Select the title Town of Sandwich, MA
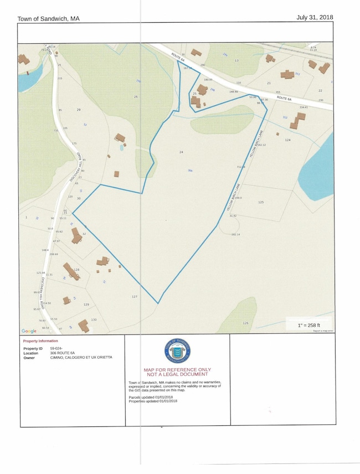click(48, 19)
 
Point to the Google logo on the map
click(29, 331)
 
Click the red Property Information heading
click(40, 341)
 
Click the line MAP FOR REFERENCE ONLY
click(177, 369)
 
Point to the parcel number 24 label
click(181, 152)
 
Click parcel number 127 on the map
click(134, 297)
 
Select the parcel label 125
click(261, 203)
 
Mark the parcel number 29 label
click(79, 110)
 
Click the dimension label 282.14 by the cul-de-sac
click(235, 235)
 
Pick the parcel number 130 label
click(94, 320)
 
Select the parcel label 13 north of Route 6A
click(236, 60)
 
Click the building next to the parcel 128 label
click(70, 271)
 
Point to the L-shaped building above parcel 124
click(297, 120)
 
